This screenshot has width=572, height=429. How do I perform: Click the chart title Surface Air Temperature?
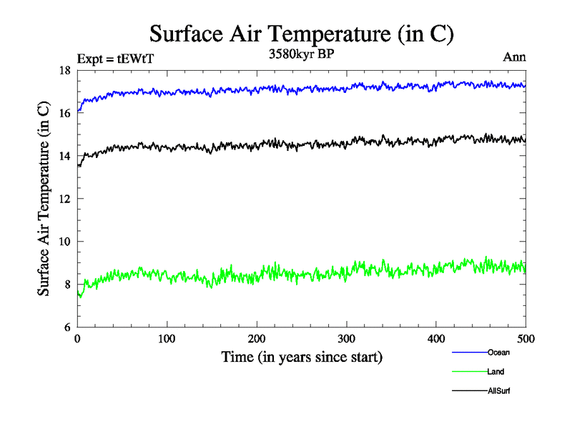click(x=301, y=34)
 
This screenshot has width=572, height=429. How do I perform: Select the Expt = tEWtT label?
click(x=114, y=59)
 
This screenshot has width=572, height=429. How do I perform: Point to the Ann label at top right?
click(x=514, y=58)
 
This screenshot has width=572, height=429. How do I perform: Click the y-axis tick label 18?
click(x=64, y=70)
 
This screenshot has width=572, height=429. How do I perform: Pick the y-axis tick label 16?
click(x=64, y=113)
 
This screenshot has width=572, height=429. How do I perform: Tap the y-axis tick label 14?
click(x=64, y=156)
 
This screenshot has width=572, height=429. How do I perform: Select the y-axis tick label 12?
click(x=64, y=199)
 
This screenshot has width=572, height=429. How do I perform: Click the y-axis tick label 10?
click(x=64, y=242)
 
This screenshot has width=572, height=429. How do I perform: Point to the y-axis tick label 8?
click(x=66, y=285)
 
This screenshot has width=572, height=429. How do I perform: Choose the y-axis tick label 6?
click(x=66, y=327)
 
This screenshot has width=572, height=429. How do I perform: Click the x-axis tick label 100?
click(x=167, y=339)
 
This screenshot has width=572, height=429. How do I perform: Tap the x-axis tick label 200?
click(x=257, y=339)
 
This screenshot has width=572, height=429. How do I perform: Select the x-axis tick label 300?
click(x=346, y=339)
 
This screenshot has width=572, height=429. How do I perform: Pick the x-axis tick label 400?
click(x=436, y=339)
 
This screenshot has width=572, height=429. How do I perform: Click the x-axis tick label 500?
click(x=526, y=339)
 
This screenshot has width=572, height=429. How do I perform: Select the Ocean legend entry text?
click(x=498, y=352)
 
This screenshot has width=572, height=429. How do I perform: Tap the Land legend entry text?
click(x=496, y=372)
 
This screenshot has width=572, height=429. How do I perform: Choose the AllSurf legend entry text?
click(x=499, y=391)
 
